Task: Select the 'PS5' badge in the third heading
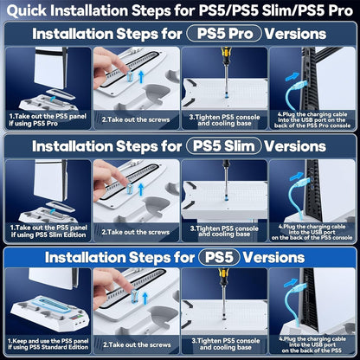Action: pos(219,257)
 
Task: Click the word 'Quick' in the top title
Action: pos(34,10)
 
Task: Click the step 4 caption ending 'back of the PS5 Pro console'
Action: pos(312,118)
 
